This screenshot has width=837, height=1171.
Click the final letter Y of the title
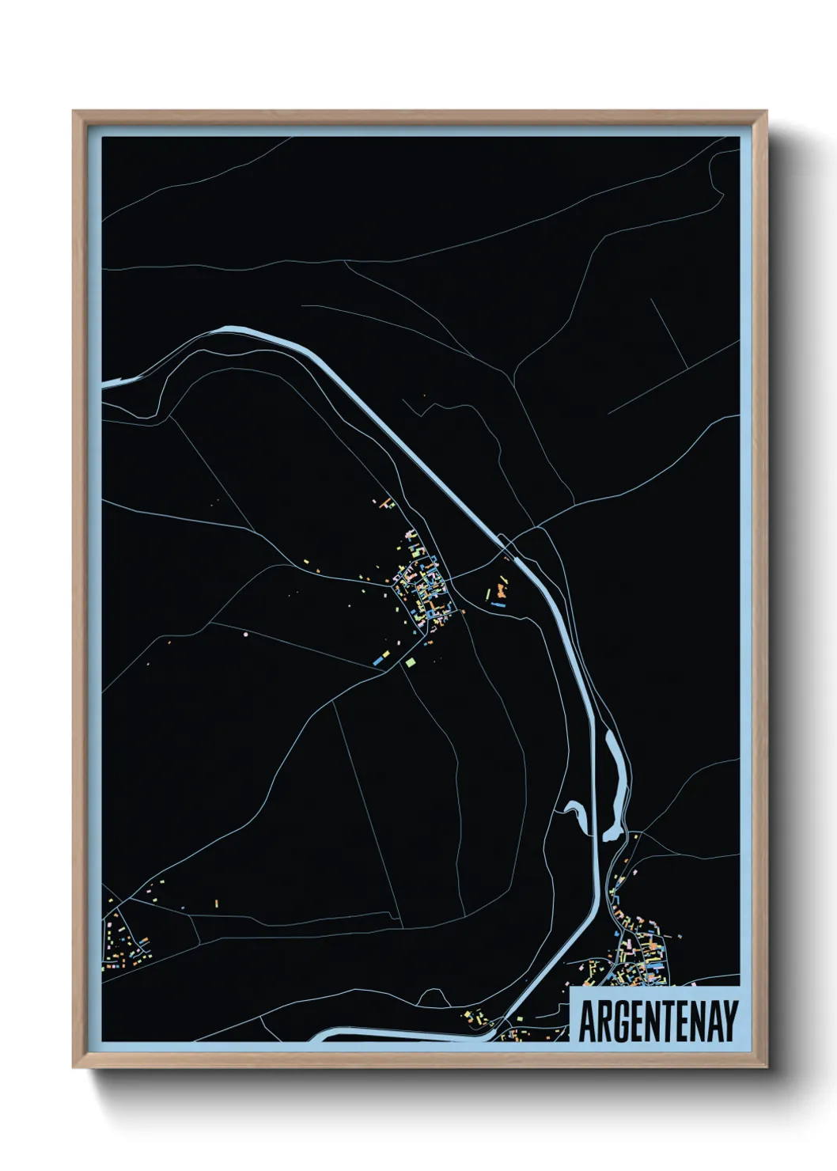coord(729,1021)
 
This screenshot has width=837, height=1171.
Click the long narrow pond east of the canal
coord(613,783)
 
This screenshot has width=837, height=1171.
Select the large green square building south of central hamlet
coord(410,662)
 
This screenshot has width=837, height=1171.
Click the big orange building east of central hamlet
coord(501,589)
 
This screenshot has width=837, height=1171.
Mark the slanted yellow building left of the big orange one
coord(487,593)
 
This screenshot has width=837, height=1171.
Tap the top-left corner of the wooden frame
coord(74,112)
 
